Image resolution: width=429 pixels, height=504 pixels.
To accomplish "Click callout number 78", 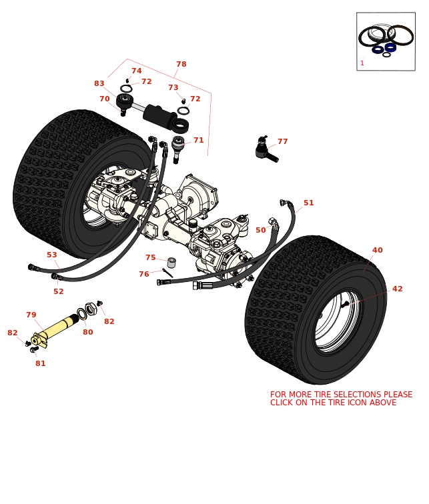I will (181, 65).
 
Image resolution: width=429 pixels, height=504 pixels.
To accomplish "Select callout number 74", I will (136, 71).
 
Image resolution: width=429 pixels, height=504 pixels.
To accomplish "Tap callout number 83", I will (99, 84).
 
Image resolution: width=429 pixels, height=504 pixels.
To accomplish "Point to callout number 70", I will (104, 99).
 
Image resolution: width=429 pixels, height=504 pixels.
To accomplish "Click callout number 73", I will (173, 88).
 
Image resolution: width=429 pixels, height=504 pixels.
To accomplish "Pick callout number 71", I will (198, 141).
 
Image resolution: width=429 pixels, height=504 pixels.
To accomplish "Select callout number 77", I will (282, 142).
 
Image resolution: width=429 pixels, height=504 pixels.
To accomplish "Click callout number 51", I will (308, 203).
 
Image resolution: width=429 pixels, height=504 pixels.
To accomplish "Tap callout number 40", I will (377, 251).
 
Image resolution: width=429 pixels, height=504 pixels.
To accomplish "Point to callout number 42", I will (397, 289).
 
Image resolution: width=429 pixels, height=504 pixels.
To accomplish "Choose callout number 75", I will (150, 258).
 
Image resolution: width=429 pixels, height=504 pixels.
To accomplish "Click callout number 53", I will (51, 255).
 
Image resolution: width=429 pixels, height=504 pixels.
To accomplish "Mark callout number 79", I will (31, 315).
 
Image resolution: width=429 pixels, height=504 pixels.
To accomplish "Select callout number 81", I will (40, 364).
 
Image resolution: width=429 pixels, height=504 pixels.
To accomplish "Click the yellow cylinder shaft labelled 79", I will (57, 327).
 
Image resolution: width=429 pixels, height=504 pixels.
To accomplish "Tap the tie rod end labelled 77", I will (264, 151).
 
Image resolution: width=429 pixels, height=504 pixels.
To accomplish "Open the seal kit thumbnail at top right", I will (386, 41).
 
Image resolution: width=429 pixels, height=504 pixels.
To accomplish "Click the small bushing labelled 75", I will (171, 263).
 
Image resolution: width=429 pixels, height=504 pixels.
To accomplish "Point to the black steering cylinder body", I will (159, 115).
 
